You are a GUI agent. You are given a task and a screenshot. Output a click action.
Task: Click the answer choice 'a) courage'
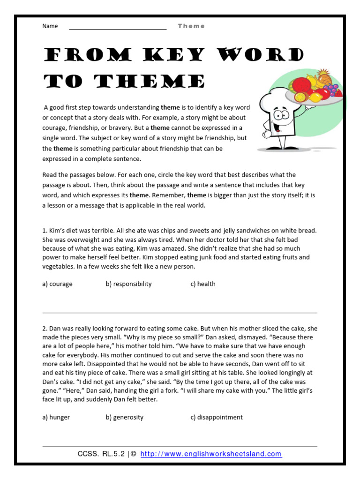pos(57,284)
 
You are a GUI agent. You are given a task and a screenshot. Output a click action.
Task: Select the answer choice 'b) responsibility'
pos(128,284)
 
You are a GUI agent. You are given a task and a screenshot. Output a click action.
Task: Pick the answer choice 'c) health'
pos(202,284)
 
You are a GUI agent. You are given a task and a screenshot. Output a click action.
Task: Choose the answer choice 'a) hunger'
pos(56,417)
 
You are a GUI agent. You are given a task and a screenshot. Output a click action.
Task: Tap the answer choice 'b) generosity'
pos(124,417)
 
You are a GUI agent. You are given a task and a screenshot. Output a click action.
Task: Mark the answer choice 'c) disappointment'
pos(216,417)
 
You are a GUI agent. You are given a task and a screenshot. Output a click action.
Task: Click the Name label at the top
pos(50,26)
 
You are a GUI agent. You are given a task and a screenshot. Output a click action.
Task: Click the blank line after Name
pos(118,29)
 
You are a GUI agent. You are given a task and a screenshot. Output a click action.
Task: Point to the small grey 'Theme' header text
pos(191,26)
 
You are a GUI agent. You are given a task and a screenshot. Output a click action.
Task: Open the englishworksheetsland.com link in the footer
pos(211,454)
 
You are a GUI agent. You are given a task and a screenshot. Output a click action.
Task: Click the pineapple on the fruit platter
pos(324,76)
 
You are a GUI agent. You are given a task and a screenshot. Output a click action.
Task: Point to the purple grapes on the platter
pos(331,89)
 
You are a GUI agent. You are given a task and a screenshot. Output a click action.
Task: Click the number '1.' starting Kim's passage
pos(45,231)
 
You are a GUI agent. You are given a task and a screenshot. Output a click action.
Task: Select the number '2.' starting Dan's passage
pos(45,329)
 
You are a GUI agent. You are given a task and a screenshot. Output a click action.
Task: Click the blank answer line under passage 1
pos(180,312)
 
